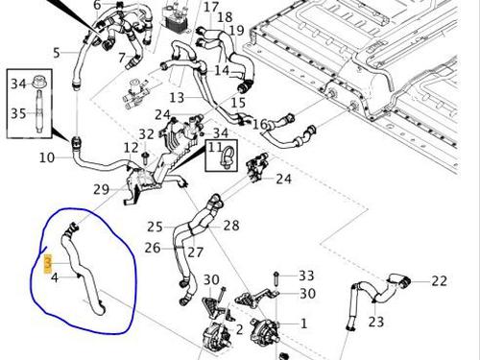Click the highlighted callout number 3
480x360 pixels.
click(48, 264)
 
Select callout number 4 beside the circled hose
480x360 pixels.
click(55, 277)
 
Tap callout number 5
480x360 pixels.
click(57, 53)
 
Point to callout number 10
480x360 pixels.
click(47, 157)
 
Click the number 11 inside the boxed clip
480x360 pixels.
click(215, 147)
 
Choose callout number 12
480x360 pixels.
click(131, 148)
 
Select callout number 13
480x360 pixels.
click(177, 97)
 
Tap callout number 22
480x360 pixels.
click(439, 281)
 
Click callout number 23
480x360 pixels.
click(375, 322)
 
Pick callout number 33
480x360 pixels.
click(306, 276)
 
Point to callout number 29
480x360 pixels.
click(101, 189)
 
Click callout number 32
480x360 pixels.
click(146, 134)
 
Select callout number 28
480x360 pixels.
click(231, 226)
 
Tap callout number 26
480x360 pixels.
click(153, 248)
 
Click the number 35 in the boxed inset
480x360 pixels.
click(18, 113)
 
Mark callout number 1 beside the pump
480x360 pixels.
click(303, 324)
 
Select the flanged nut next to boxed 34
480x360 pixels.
click(39, 82)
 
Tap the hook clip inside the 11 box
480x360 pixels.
click(227, 156)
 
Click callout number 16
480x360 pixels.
click(260, 124)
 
